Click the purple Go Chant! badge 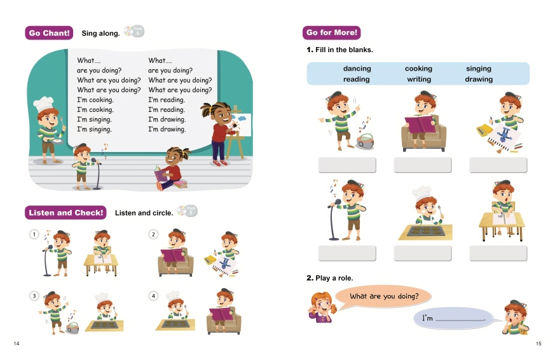tap(49, 33)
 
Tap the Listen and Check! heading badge tap(65, 212)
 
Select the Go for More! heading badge tap(331, 32)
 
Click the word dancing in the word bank tap(357, 68)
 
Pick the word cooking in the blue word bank tap(418, 68)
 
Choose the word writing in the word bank tap(419, 79)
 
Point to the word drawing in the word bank tap(479, 79)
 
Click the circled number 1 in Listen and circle tap(34, 234)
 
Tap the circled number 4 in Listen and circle tap(153, 296)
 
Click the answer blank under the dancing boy tap(347, 165)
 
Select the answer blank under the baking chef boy tap(423, 253)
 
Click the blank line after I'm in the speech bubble tap(460, 321)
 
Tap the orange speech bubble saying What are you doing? tap(383, 296)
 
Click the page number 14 tap(17, 343)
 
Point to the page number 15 tap(538, 343)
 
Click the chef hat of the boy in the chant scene tap(43, 104)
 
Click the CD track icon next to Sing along tap(134, 31)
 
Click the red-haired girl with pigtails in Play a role tap(322, 307)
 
